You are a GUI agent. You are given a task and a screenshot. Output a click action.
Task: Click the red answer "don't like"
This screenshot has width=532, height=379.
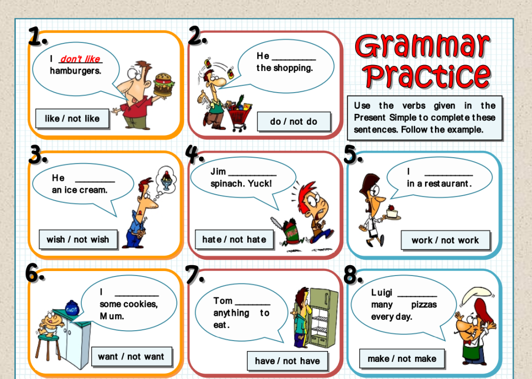(80, 59)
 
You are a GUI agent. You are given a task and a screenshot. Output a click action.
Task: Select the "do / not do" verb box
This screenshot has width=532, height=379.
(294, 122)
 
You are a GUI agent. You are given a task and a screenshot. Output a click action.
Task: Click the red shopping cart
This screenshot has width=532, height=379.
(239, 115)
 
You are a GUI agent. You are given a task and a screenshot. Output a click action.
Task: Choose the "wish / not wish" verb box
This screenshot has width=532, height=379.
(78, 240)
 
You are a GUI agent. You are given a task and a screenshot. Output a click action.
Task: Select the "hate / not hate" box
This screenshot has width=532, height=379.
(234, 240)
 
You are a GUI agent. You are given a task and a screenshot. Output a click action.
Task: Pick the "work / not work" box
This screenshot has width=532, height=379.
(445, 240)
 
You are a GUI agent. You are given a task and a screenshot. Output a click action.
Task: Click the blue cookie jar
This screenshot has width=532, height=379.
(72, 308)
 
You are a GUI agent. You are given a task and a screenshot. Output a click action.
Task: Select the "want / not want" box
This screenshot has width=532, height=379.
(132, 357)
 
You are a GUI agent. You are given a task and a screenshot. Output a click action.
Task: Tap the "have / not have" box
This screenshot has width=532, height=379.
(287, 361)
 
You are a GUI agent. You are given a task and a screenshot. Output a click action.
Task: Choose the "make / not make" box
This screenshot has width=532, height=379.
(402, 359)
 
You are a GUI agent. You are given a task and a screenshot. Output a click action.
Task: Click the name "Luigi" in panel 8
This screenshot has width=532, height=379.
(382, 292)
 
